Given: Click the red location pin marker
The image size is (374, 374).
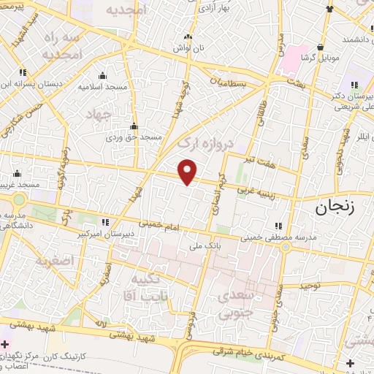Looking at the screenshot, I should [x=188, y=172].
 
